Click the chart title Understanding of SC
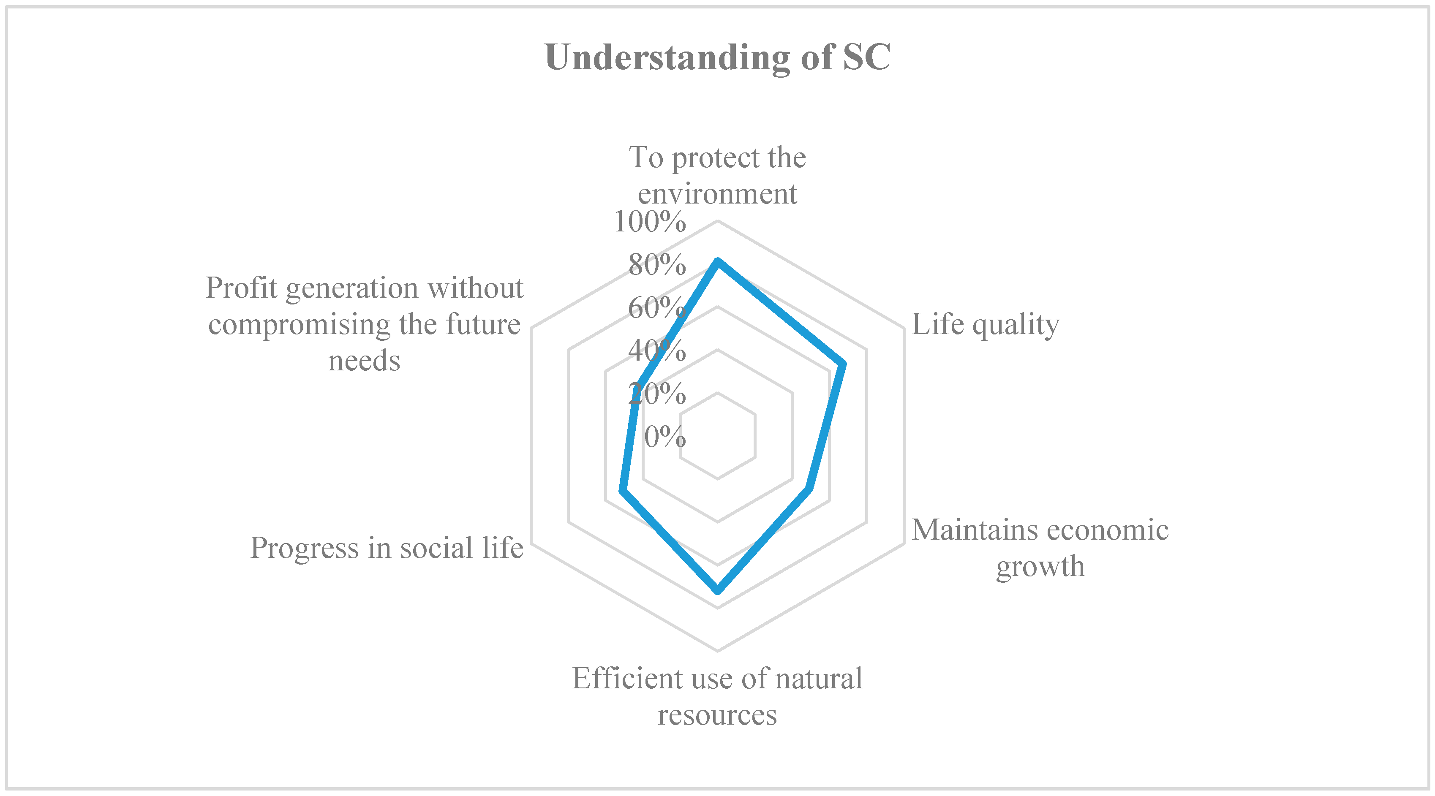click(717, 57)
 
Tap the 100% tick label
click(650, 221)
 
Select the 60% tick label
click(657, 307)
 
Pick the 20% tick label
click(657, 394)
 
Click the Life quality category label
click(985, 324)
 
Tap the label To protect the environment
click(717, 176)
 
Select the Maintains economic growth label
click(1040, 548)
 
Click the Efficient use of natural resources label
click(717, 696)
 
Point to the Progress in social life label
click(387, 548)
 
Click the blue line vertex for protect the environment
click(717, 261)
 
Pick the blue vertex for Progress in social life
click(623, 490)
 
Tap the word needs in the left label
click(364, 361)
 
